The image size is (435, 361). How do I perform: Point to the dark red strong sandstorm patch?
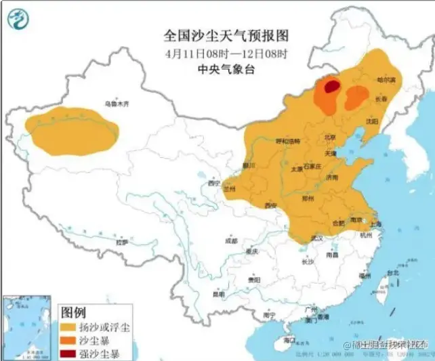pyautogui.click(x=330, y=87)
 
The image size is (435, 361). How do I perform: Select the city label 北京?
pyautogui.click(x=330, y=137)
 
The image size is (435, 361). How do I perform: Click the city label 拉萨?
pyautogui.click(x=122, y=241)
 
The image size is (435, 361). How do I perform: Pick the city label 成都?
pyautogui.click(x=232, y=240)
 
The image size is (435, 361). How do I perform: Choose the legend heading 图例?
pyautogui.click(x=74, y=312)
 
